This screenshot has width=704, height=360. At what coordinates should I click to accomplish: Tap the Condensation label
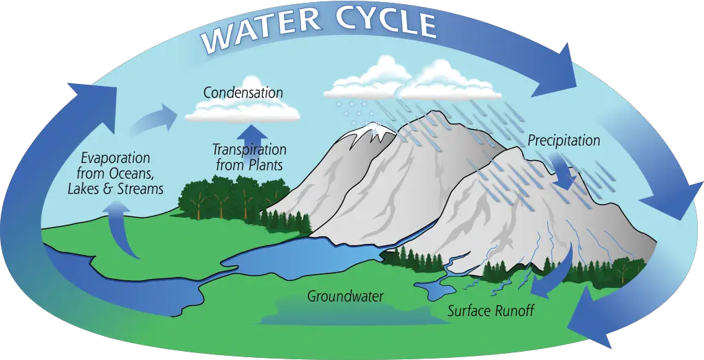pyautogui.click(x=243, y=93)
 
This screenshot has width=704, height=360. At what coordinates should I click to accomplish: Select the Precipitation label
pyautogui.click(x=564, y=140)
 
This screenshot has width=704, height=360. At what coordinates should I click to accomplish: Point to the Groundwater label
pyautogui.click(x=345, y=296)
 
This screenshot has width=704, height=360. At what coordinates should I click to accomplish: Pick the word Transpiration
pyautogui.click(x=249, y=150)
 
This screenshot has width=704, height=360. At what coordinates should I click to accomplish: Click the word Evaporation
pyautogui.click(x=115, y=159)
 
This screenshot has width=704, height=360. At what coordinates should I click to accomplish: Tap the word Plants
pyautogui.click(x=265, y=165)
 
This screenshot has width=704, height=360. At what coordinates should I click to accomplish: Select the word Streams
pyautogui.click(x=140, y=188)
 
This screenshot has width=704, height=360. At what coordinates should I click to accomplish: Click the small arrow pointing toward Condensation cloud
pyautogui.click(x=153, y=118)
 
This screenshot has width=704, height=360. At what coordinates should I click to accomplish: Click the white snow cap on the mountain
pyautogui.click(x=373, y=134)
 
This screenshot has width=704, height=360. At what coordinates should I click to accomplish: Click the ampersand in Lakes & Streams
pyautogui.click(x=107, y=188)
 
